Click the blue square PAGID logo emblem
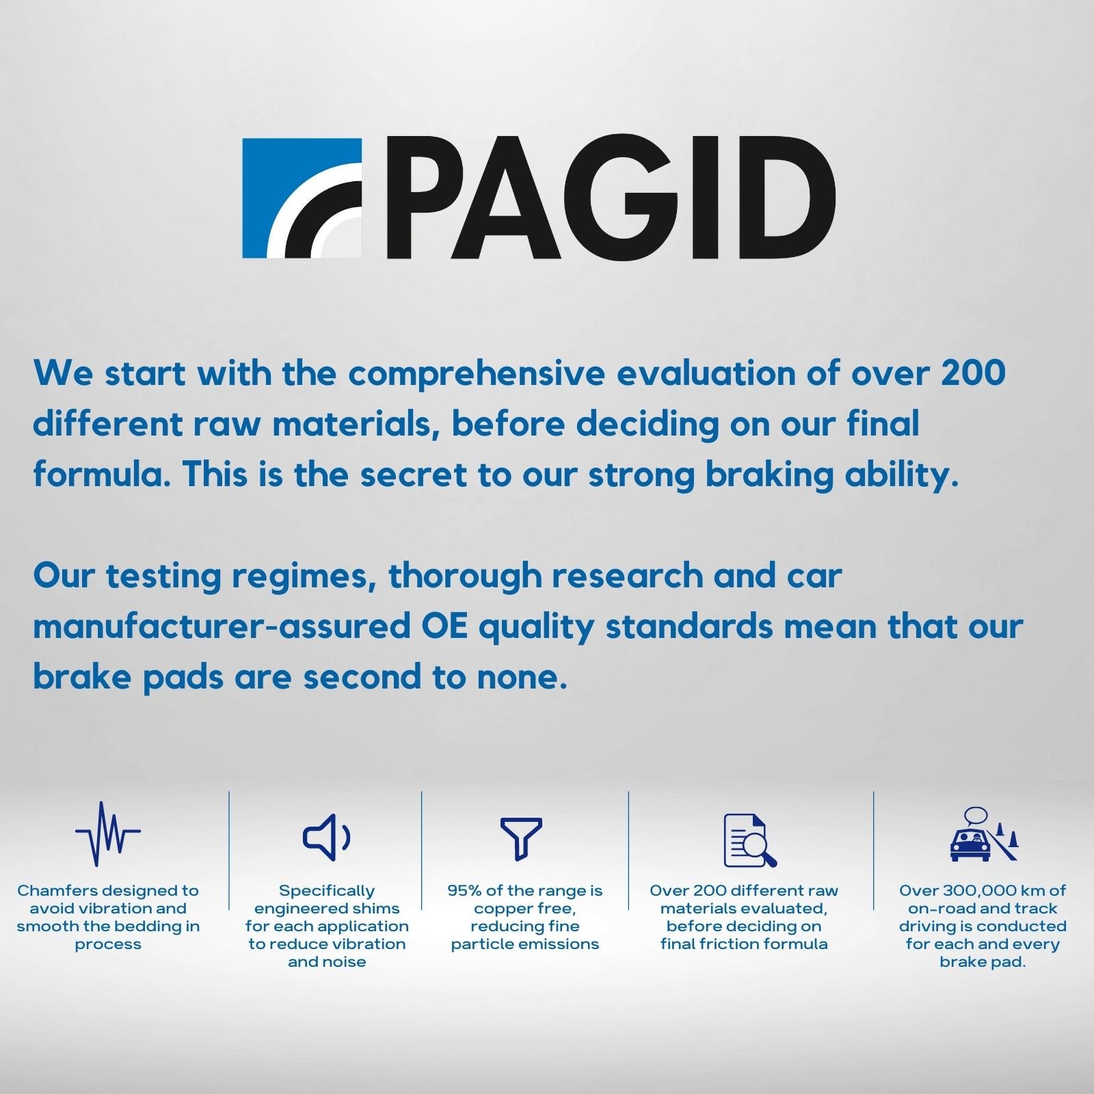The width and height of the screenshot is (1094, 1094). pos(302,198)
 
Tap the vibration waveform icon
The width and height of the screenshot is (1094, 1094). pos(108,834)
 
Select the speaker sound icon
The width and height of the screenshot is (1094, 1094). pos(327,838)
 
